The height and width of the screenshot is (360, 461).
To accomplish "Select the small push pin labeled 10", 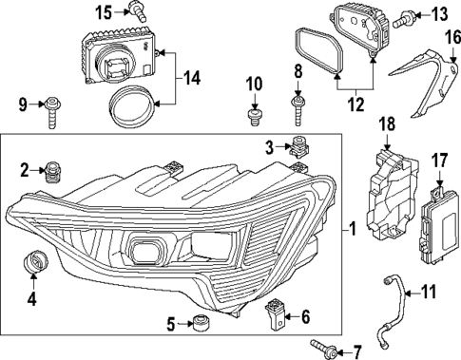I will click(253, 115).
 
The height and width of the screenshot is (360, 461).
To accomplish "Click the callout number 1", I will click(353, 230).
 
